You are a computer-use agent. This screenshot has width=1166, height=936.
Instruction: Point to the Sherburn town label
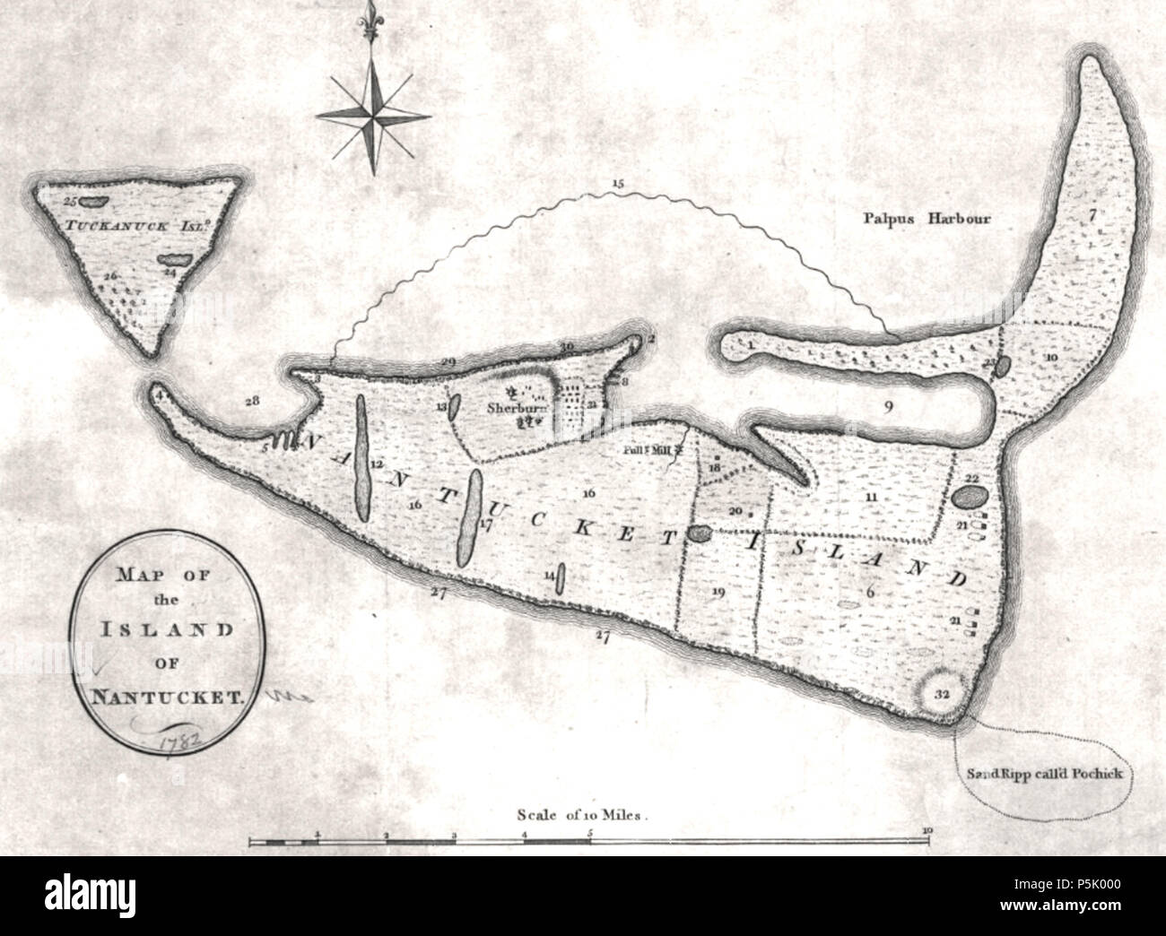coord(511,405)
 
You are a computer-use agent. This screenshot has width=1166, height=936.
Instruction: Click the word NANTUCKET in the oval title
coord(165,695)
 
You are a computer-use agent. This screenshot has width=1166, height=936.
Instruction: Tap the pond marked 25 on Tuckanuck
coord(94,199)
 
